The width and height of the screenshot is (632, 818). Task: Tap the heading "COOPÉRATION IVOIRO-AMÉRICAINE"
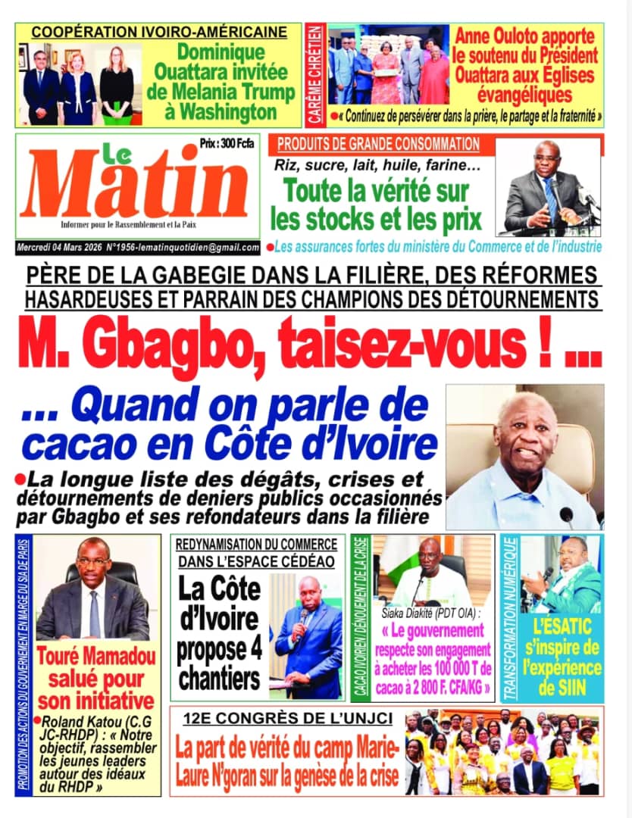(159, 32)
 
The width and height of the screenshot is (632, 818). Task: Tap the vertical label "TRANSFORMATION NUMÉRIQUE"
(510, 618)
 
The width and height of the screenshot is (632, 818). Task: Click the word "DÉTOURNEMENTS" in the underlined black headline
(512, 298)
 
